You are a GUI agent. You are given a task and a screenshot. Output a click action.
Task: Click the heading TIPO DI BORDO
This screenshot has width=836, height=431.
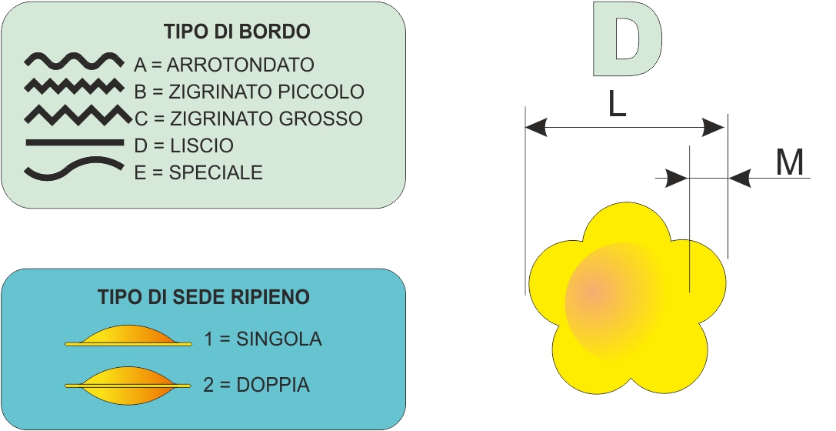pos(237,32)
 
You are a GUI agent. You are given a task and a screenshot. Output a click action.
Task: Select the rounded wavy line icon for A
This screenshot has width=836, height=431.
pos(74,61)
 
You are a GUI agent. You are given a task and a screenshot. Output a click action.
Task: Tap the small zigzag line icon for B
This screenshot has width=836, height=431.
pos(74,86)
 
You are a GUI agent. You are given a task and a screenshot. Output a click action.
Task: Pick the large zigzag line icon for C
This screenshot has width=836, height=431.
pos(78,115)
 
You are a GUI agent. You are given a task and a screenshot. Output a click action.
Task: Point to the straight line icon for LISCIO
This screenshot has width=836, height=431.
pos(75,142)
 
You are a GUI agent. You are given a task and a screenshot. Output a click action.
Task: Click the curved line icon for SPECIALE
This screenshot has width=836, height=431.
pos(74,168)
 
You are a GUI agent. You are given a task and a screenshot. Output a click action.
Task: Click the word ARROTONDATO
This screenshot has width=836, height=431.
pos(241,65)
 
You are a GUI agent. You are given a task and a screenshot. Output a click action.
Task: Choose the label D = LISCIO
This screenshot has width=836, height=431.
pos(184,145)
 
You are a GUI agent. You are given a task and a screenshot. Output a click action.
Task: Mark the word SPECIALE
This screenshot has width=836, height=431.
pos(216,173)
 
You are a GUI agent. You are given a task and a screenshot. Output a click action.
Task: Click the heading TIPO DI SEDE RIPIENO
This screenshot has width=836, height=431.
pos(204,297)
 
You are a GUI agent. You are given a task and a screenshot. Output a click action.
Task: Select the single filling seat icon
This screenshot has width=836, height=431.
pos(128,336)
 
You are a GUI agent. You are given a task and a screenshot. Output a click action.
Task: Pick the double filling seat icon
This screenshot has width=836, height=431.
pos(128,385)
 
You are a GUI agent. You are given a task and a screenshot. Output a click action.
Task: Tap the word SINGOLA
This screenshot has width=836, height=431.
pos(279,339)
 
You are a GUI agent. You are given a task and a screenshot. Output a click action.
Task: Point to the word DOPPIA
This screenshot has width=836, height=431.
pos(273,385)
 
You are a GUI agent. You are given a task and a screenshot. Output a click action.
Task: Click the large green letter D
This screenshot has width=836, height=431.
pos(628,39)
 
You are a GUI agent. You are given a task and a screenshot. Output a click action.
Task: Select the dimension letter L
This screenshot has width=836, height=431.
pos(617,105)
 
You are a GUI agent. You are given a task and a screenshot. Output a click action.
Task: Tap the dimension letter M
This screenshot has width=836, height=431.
pos(790,162)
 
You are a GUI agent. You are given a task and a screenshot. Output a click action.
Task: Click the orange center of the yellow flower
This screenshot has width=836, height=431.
pos(594,292)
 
